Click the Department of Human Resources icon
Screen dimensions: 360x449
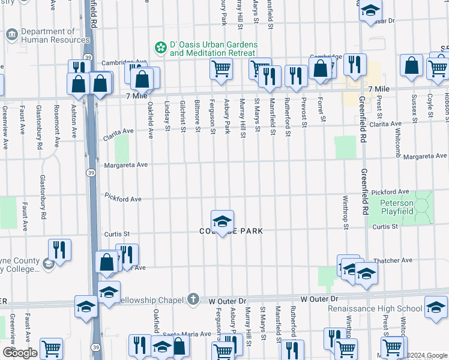[11, 35]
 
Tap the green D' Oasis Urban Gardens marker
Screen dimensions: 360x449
[160, 47]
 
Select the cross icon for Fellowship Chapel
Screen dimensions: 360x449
[193, 298]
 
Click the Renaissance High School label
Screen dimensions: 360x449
[375, 308]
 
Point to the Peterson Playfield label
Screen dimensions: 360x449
[405, 208]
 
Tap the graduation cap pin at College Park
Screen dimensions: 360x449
[222, 221]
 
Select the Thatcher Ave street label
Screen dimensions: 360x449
[393, 260]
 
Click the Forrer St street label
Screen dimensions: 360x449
[322, 110]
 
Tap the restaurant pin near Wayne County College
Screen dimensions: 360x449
[60, 249]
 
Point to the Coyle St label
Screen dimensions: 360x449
[430, 106]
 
